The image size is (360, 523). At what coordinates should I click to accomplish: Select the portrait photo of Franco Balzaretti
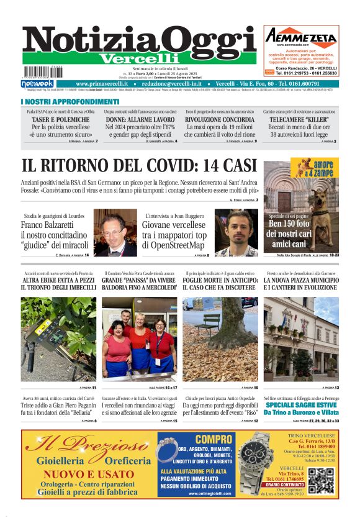coord(114,232)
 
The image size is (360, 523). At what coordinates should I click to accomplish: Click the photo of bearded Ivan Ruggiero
coord(236,232)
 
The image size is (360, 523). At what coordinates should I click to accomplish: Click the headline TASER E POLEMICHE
coord(58,120)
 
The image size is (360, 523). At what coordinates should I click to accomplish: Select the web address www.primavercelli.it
coord(102,84)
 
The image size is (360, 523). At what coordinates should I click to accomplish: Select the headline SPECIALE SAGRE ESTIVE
coord(301,404)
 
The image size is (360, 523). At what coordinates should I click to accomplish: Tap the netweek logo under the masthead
coord(37,84)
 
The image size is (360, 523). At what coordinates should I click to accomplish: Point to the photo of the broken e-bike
coord(58,339)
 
